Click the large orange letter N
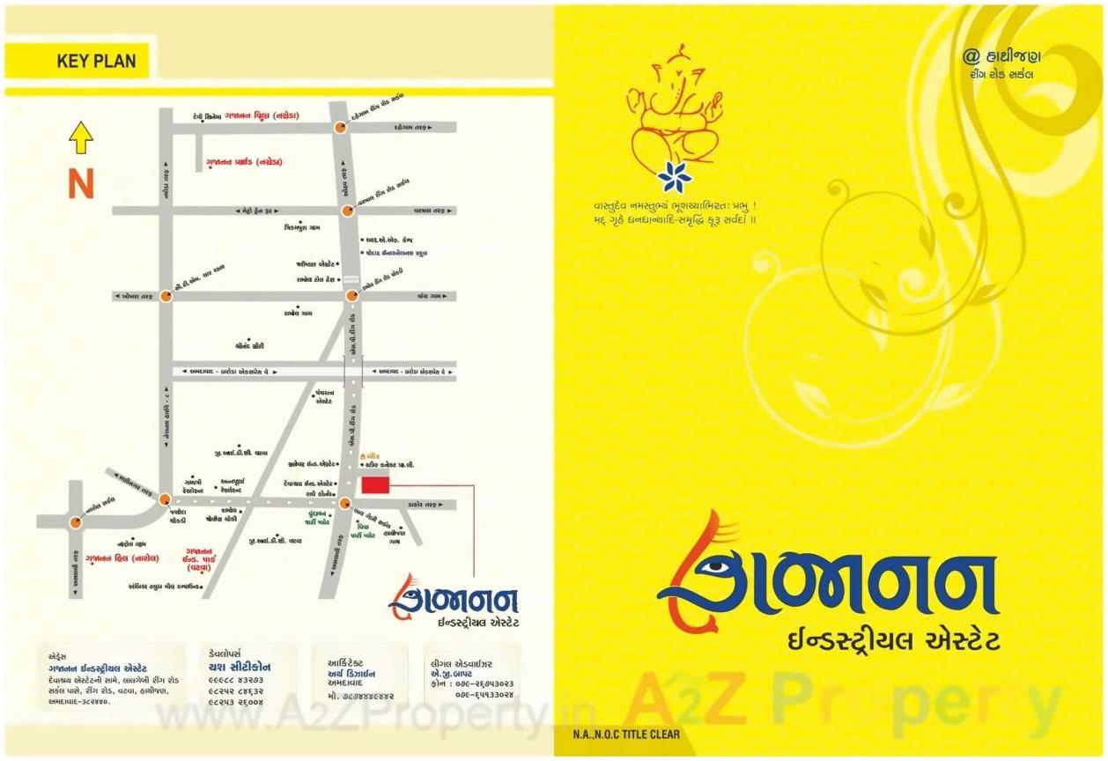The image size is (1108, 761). coord(81,184)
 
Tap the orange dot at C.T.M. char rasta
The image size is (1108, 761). coord(166,297)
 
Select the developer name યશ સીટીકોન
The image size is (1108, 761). coord(240,667)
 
